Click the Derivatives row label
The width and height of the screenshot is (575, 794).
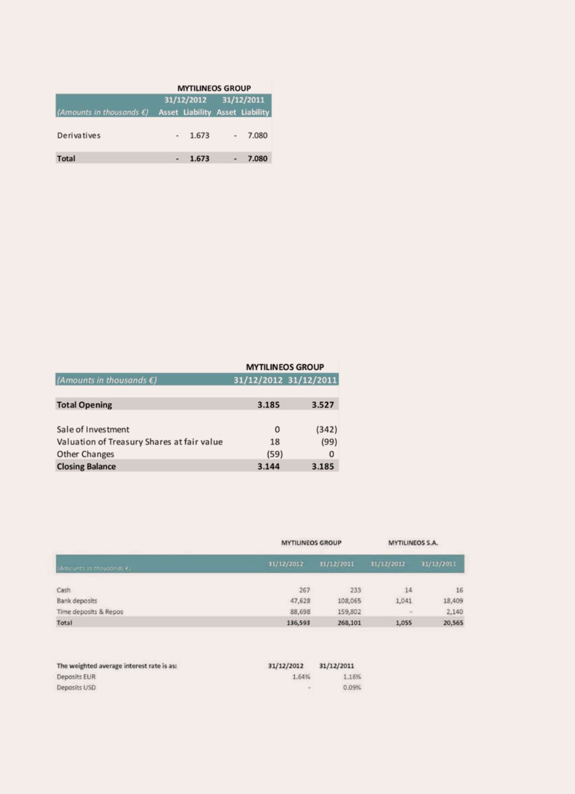pyautogui.click(x=79, y=135)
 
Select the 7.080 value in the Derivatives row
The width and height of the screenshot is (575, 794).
pyautogui.click(x=257, y=135)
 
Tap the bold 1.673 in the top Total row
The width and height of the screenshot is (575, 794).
pyautogui.click(x=199, y=159)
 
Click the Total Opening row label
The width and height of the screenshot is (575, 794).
pyautogui.click(x=85, y=405)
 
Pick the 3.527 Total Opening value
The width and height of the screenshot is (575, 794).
pyautogui.click(x=323, y=405)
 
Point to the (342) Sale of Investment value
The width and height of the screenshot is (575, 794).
pyautogui.click(x=326, y=429)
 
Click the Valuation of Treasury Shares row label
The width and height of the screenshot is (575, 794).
pyautogui.click(x=140, y=442)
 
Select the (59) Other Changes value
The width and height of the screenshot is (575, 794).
pyautogui.click(x=275, y=454)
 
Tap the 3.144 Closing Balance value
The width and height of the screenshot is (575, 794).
pyautogui.click(x=268, y=466)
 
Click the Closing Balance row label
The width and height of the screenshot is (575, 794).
pyautogui.click(x=86, y=466)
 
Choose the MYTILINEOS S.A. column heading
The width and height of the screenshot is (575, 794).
pyautogui.click(x=413, y=543)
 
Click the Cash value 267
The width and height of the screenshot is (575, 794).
pyautogui.click(x=304, y=590)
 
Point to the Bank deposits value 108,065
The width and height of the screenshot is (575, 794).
pyautogui.click(x=349, y=601)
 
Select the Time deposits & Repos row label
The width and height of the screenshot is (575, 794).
pyautogui.click(x=90, y=612)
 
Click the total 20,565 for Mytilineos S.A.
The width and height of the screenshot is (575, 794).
pyautogui.click(x=453, y=623)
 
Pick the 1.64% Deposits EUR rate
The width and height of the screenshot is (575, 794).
pyautogui.click(x=301, y=677)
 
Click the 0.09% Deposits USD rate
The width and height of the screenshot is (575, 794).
pyautogui.click(x=352, y=688)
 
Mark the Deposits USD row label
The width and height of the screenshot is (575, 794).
pyautogui.click(x=76, y=688)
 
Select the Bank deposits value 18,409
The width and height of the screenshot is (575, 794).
pyautogui.click(x=453, y=601)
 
